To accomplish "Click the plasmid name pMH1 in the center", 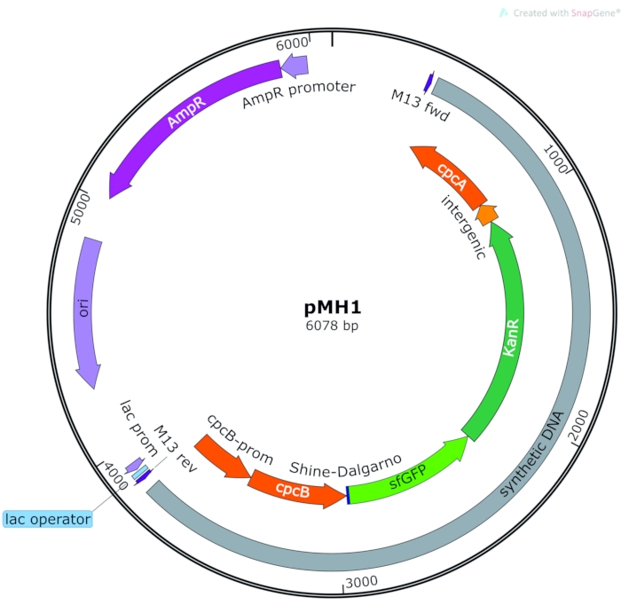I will (333, 308).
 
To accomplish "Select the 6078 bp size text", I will (333, 326).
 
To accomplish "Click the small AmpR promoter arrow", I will (295, 65).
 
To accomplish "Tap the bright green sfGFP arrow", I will (408, 475).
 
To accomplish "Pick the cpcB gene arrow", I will (293, 488).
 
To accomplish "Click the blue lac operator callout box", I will (48, 519).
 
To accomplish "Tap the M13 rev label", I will (175, 450).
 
